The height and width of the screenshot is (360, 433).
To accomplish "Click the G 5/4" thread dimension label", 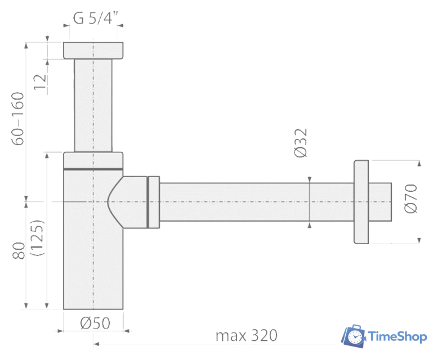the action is point(95,18).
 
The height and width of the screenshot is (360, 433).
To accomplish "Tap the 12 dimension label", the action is point(40,82).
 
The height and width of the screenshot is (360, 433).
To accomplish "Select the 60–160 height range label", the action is point(17,119).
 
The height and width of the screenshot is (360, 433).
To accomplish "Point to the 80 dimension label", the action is point(19,251).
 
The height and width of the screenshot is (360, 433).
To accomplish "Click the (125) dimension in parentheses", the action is point(37,238).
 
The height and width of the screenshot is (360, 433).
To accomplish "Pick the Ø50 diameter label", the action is point(95,323).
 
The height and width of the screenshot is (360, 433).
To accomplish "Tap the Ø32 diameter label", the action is point(301,143).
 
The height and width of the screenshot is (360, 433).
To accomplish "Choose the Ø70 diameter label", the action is point(410,199).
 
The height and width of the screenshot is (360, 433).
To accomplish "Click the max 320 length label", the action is point(246,335).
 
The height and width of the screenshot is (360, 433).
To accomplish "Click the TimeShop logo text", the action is point(398,337).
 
